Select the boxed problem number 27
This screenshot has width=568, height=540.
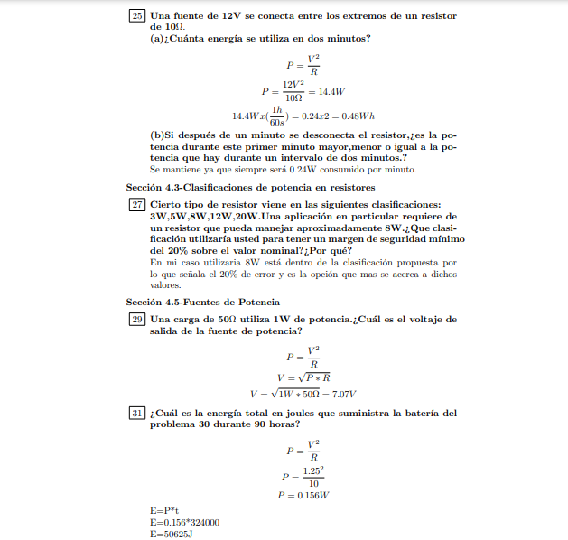137,206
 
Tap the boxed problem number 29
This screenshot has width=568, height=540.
137,320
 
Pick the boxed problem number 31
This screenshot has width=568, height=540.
137,414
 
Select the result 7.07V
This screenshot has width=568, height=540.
340,394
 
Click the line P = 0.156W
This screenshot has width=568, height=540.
303,495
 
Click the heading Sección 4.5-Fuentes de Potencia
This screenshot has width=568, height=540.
203,301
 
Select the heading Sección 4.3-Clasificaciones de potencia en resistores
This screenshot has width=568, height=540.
250,187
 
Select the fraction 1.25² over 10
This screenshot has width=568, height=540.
312,476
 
